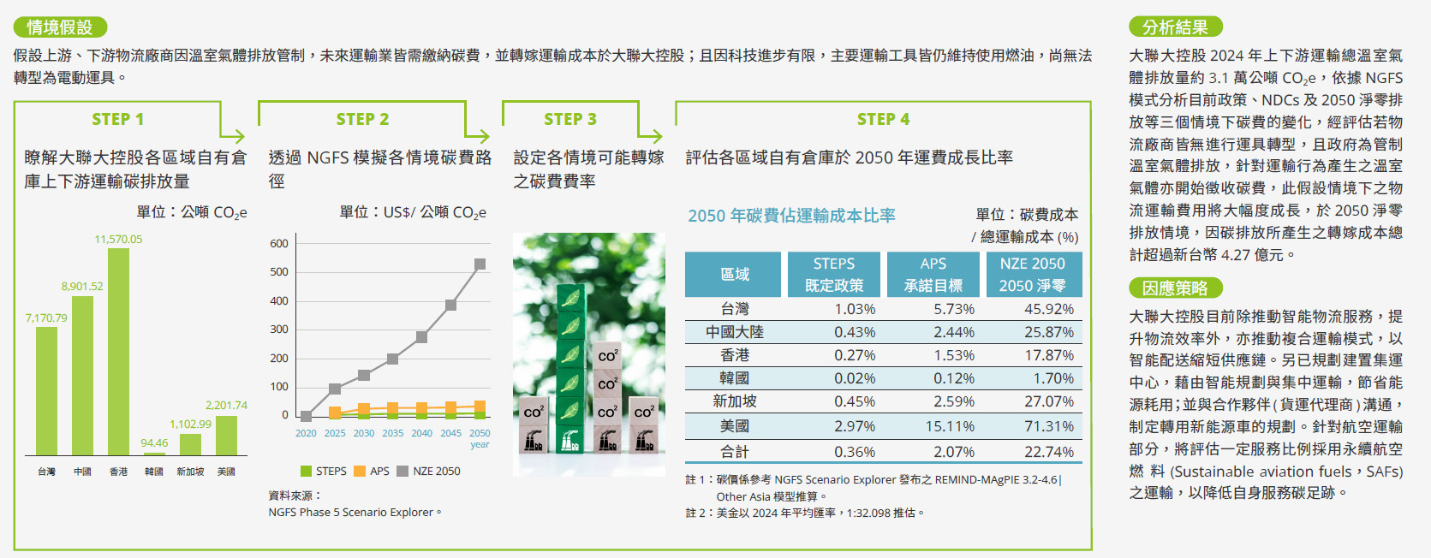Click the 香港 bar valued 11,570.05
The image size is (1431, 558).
tap(118, 352)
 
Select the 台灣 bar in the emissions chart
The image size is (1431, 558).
tap(46, 391)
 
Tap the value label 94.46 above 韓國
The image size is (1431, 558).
tap(155, 443)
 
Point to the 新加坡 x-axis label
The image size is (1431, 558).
tap(190, 472)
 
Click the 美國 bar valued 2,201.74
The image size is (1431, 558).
tap(227, 436)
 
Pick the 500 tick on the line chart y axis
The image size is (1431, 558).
tap(279, 272)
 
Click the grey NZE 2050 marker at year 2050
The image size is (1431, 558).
tap(480, 264)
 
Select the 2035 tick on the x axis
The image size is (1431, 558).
tap(393, 433)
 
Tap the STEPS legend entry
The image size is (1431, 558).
tap(323, 472)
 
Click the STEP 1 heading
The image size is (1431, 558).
tap(117, 120)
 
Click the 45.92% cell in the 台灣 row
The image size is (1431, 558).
tap(1049, 309)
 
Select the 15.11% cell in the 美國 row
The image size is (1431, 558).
tap(950, 426)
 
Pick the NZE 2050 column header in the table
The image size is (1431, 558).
tap(1033, 275)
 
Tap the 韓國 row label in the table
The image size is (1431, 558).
tap(734, 378)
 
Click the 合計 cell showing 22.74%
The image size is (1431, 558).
tap(1049, 452)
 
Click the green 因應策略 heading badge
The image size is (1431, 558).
tap(1176, 288)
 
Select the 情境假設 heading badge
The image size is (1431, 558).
tap(60, 27)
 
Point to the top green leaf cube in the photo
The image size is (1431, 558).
tap(571, 298)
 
